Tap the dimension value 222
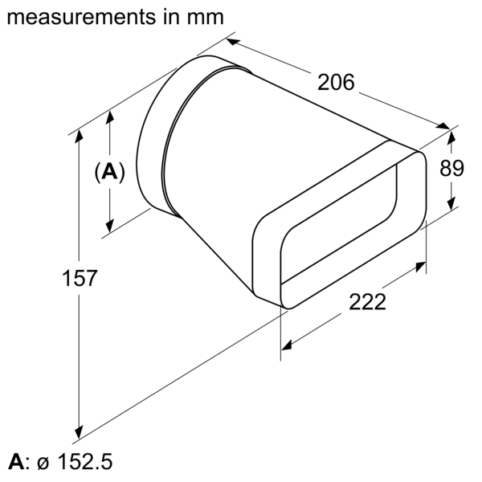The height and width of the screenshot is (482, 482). pos(367,302)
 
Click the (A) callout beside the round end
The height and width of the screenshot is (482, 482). pos(110,172)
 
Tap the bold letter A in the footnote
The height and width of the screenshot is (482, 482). pos(15,463)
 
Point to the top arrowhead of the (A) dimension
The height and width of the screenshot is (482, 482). pos(110,113)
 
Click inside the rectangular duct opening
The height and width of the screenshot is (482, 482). pos(341,233)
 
